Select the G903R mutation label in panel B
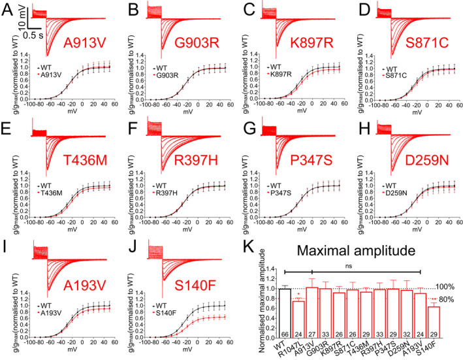coord(200,43)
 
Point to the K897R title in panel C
coord(313,43)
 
